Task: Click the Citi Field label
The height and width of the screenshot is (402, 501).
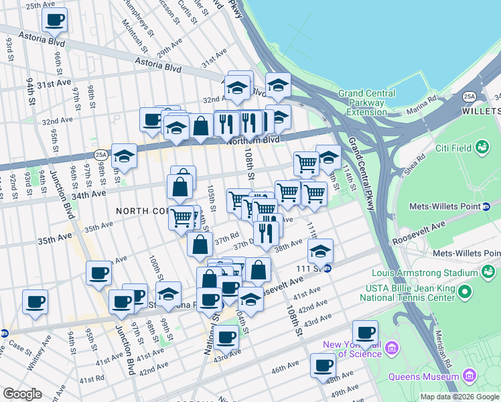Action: tap(453, 146)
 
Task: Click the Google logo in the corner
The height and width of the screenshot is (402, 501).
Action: tap(23, 394)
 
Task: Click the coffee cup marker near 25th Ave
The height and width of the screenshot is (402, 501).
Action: tap(54, 19)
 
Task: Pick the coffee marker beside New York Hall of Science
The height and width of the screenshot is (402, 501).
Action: tap(365, 332)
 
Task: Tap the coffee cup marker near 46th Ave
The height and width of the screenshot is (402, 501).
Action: tap(323, 365)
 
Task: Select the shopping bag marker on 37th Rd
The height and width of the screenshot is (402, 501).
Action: tap(200, 245)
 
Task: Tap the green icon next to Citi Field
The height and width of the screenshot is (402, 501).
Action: tap(482, 146)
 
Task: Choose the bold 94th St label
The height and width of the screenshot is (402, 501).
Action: tap(31, 90)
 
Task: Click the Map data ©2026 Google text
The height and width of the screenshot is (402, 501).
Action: tap(459, 397)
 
